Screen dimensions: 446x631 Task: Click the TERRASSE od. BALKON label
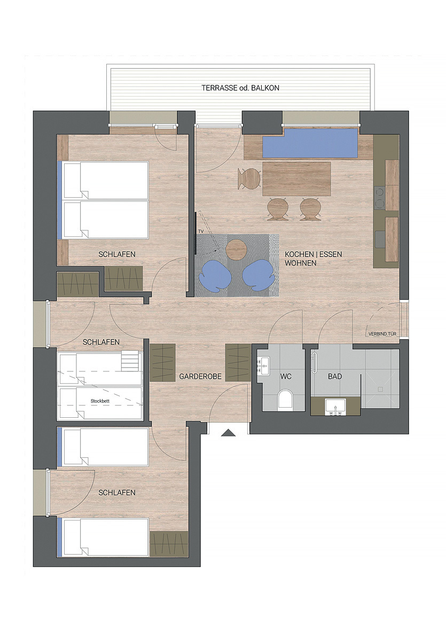coord(240,88)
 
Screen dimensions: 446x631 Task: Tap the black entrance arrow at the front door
coord(229,433)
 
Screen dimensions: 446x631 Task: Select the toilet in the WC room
coord(286,399)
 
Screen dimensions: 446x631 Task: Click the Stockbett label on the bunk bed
coord(100,401)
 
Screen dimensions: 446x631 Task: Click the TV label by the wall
coord(201,232)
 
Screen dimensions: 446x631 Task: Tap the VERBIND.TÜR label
coord(382,334)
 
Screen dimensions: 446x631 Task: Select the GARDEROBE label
coord(200,377)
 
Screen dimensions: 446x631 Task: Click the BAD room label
coord(335,377)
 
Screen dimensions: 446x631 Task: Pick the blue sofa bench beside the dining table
coord(310,143)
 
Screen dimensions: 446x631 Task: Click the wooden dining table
coord(296,178)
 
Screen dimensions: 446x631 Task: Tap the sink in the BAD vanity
coord(335,407)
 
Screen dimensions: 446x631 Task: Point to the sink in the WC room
coord(264,365)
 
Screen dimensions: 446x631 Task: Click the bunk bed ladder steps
coord(130,361)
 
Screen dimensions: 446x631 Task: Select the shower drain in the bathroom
coord(380,389)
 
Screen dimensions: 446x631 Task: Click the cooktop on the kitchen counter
coord(380,198)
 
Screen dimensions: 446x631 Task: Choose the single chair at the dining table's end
coord(249,178)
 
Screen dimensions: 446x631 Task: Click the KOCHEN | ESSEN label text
coord(314,254)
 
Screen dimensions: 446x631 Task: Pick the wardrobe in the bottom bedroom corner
coord(169,544)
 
